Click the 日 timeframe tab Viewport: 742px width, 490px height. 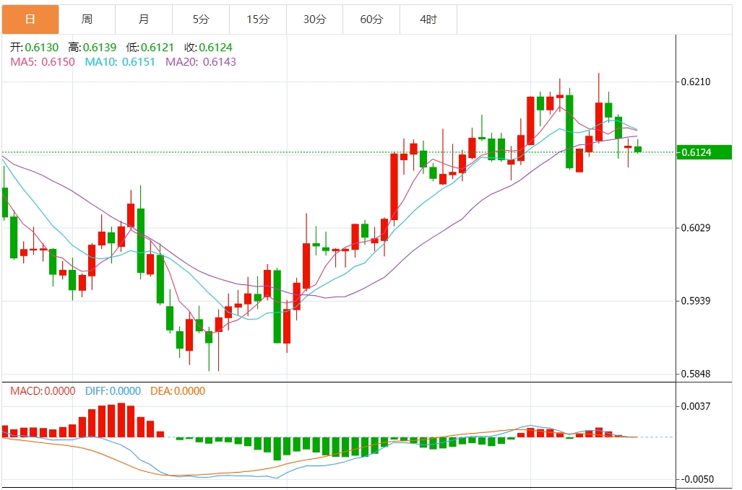tap(30, 19)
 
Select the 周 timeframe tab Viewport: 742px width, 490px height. tap(87, 19)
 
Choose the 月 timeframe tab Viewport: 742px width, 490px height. tap(144, 19)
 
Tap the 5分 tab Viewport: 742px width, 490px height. tap(201, 19)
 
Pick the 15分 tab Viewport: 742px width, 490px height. tap(257, 19)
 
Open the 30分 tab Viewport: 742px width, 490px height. tap(314, 19)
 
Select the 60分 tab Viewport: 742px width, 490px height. tap(371, 19)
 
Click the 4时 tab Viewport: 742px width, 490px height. tap(428, 19)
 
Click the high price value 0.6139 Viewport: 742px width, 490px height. tap(98, 47)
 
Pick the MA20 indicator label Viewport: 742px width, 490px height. tap(201, 62)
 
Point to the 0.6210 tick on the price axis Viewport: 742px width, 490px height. tap(696, 82)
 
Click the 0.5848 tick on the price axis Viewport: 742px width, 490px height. tap(696, 374)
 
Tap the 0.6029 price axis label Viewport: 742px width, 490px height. tap(696, 228)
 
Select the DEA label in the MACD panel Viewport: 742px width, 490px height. tap(177, 391)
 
